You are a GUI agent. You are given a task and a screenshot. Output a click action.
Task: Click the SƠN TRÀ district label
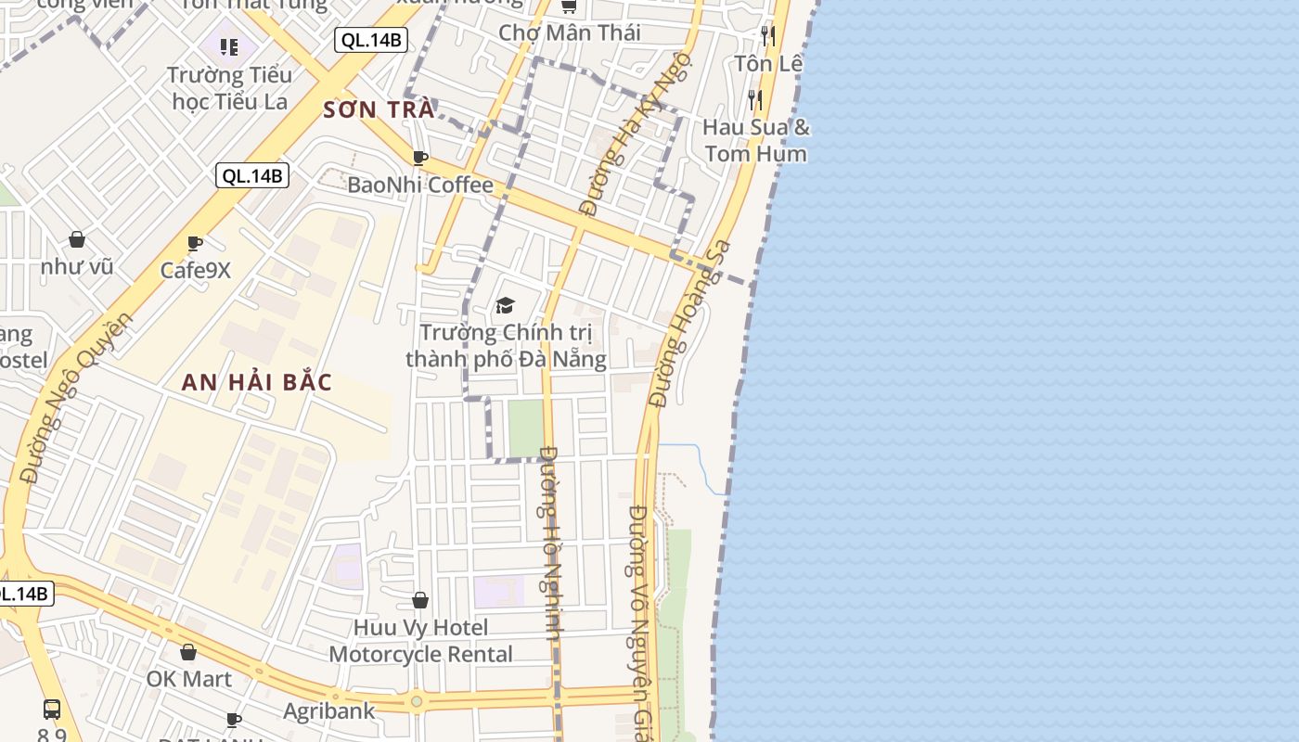(x=379, y=109)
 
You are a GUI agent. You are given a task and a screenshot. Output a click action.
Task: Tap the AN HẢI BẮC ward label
(x=257, y=382)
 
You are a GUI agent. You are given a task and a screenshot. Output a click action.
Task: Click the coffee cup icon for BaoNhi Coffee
(x=420, y=158)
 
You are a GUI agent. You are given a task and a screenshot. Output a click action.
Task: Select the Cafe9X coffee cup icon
(x=195, y=244)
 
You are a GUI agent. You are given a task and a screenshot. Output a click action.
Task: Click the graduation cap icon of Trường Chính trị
(x=505, y=305)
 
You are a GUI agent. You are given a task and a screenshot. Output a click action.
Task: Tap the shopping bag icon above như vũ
(x=77, y=240)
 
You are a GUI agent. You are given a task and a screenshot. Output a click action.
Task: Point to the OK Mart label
(x=189, y=679)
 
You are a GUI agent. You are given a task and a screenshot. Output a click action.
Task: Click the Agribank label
(x=329, y=711)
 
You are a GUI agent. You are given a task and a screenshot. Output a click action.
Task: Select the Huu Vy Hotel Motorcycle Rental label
(x=420, y=641)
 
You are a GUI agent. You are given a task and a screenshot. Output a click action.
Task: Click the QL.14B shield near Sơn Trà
(x=371, y=40)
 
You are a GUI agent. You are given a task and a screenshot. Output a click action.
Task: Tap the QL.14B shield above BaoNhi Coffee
(x=252, y=175)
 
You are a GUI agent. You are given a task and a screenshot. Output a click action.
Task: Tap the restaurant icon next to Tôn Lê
(x=767, y=36)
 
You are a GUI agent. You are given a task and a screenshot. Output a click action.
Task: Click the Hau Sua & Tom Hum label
(x=756, y=140)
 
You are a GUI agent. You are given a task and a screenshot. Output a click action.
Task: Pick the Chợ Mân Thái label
(x=570, y=32)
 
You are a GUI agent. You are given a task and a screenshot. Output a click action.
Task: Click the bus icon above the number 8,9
(x=52, y=710)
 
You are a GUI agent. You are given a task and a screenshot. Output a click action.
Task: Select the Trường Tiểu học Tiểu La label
(x=230, y=88)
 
